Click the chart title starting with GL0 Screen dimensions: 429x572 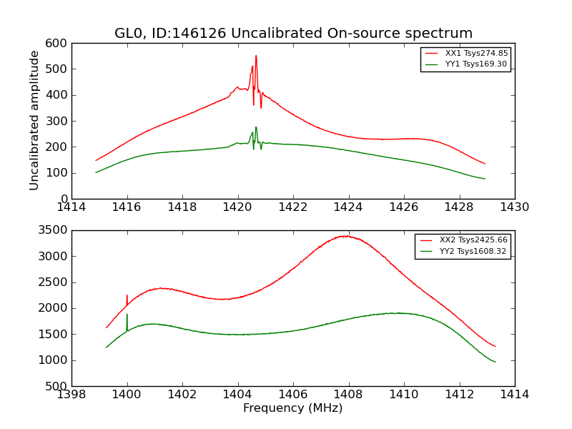(x=293, y=34)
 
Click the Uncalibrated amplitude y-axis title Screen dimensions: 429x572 (x=34, y=120)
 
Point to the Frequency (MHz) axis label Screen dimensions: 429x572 (x=293, y=408)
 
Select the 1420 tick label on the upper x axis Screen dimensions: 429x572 (x=237, y=207)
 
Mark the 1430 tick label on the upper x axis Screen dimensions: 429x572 (x=514, y=207)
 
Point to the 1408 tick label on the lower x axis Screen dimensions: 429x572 (x=348, y=395)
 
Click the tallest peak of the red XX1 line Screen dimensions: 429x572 (x=256, y=56)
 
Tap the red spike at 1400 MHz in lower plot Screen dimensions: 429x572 (x=127, y=295)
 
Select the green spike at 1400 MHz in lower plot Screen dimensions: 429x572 (x=127, y=315)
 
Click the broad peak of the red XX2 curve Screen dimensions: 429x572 (x=346, y=236)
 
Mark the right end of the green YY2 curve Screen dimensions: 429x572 (x=495, y=362)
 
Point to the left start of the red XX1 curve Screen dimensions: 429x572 (x=96, y=160)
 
